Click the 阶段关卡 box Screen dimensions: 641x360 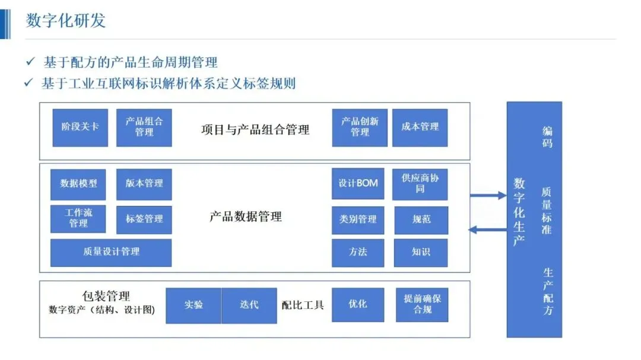coord(80,128)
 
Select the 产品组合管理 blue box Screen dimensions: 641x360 coord(144,128)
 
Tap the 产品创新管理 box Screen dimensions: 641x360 coord(360,128)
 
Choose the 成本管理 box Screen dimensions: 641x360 coord(420,128)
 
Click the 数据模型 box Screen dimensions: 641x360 coord(78,184)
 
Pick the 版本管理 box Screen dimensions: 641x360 coord(144,184)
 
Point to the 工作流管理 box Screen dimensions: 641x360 coord(78,219)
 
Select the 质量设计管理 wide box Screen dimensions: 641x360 coord(111,253)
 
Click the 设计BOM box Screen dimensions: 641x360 coord(358,183)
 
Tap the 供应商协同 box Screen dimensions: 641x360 coord(420,184)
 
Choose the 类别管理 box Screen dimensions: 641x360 coord(358,220)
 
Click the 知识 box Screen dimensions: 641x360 coord(421,253)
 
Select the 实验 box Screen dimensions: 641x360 coord(193,305)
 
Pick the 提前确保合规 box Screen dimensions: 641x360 coord(422,305)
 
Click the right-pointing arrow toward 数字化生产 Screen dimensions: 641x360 coord(488,195)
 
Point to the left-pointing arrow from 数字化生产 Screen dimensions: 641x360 coord(487,230)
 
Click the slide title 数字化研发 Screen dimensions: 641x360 coord(66,20)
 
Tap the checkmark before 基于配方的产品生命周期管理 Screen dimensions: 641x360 coord(31,61)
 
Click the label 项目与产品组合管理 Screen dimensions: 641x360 coord(255,130)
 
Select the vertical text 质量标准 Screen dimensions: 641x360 coord(547,211)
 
